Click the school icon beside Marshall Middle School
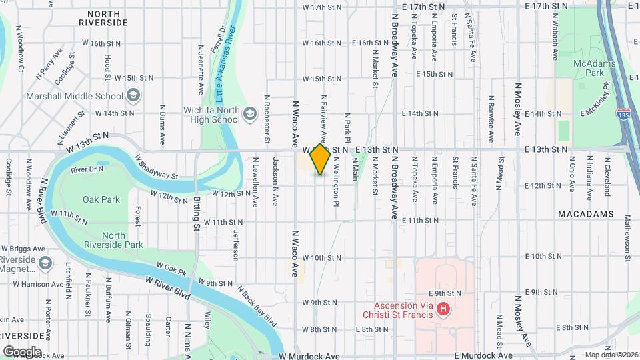click(133, 96)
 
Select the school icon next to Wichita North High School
click(250, 114)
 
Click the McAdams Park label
click(588, 67)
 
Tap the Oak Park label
click(101, 199)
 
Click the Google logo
click(22, 351)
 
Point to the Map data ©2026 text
click(611, 354)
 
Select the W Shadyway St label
click(157, 168)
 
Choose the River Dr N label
click(87, 170)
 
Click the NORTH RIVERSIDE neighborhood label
click(103, 18)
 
